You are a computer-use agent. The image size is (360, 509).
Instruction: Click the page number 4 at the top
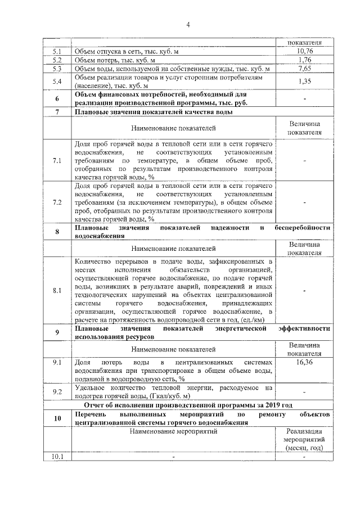[188, 24]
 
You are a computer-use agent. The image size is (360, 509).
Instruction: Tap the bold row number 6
[57, 99]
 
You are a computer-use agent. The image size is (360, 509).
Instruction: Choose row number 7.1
[57, 160]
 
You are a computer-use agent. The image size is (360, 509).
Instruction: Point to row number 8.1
[57, 291]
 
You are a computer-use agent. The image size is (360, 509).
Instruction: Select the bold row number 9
[57, 332]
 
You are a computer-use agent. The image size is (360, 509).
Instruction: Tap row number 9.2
[57, 391]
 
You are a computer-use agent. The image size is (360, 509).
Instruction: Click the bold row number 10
[57, 418]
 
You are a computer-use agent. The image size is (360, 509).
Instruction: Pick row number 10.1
[57, 456]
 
